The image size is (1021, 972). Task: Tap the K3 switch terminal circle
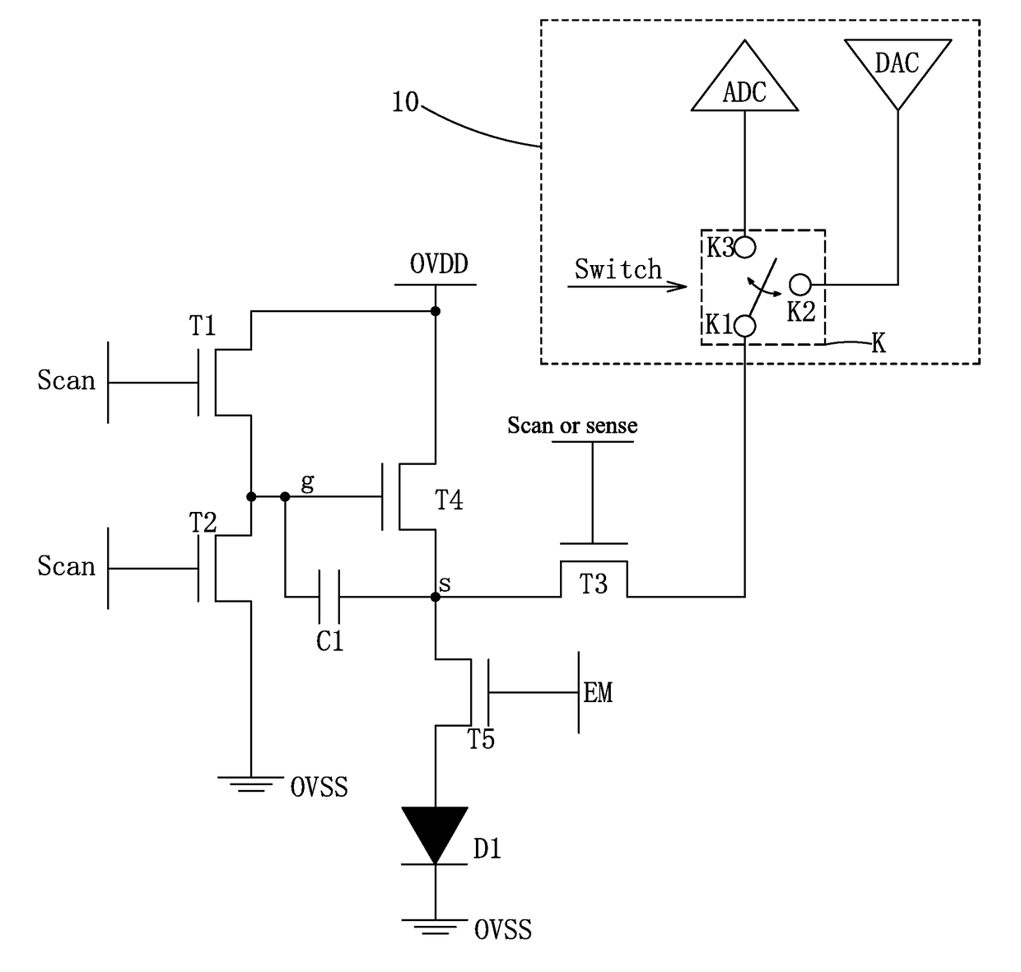click(x=745, y=248)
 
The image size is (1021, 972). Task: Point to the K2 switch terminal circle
click(x=800, y=285)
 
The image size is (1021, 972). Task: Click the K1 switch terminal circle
click(x=745, y=326)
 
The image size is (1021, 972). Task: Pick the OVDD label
click(x=439, y=263)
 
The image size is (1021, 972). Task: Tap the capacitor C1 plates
click(x=329, y=597)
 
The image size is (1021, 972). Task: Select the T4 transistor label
click(x=449, y=500)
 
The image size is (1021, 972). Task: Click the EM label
click(x=599, y=693)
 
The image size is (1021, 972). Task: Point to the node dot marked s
click(x=436, y=598)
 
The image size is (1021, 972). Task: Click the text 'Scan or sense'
click(x=572, y=426)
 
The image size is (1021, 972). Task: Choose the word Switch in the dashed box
click(x=618, y=269)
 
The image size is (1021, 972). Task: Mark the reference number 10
click(x=405, y=102)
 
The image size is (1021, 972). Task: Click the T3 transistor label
click(x=593, y=584)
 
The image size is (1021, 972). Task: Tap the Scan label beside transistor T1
click(x=67, y=380)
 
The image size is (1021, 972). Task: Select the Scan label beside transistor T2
click(x=67, y=566)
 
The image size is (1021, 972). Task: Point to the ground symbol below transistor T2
click(x=251, y=784)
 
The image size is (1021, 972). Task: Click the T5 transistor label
click(x=482, y=739)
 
